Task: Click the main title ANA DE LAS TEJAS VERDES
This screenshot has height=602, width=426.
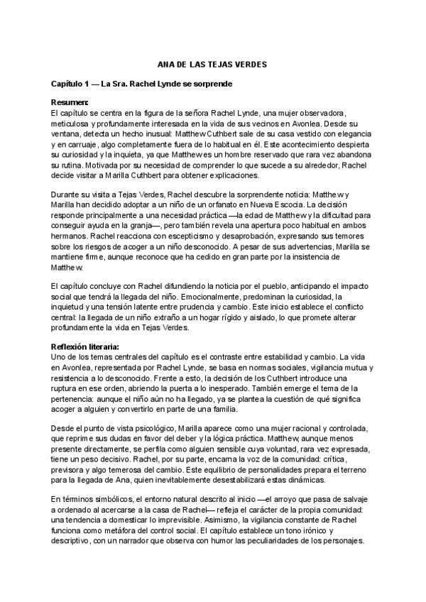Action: [x=212, y=65]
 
